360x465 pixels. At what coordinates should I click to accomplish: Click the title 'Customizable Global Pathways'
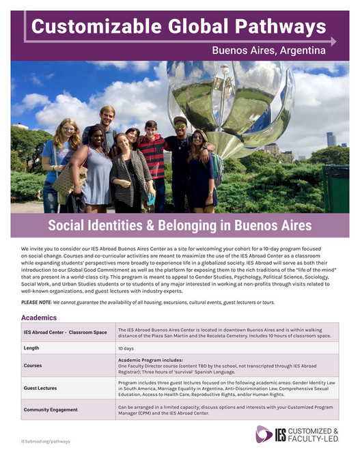[x=179, y=27]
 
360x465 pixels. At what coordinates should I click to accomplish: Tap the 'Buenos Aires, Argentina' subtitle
[x=268, y=50]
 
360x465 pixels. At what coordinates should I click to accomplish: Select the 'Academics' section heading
[x=39, y=318]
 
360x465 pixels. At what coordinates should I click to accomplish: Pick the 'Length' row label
[x=31, y=348]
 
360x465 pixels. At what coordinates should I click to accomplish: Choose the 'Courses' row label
[x=33, y=365]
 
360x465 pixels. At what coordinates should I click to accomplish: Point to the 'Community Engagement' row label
[x=51, y=410]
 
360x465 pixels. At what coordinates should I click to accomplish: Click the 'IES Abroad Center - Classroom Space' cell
[x=65, y=333]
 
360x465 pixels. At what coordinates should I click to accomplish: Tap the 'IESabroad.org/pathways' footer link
[x=45, y=442]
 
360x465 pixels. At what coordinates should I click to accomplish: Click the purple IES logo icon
[x=264, y=434]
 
